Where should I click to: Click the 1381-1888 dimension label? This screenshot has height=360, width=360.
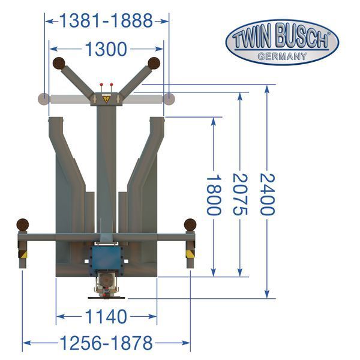(106, 20)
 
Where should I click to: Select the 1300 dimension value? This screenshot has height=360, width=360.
(106, 49)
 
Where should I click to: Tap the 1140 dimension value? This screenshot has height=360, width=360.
(106, 316)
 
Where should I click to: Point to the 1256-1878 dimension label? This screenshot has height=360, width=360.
(106, 343)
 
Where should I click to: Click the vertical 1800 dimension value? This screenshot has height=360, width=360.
(214, 194)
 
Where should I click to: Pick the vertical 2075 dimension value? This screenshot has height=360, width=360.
(240, 194)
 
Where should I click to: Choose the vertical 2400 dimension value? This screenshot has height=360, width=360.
(267, 194)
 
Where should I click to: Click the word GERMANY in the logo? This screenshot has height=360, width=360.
(282, 56)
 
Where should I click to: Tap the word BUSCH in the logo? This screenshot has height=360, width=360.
(301, 37)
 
